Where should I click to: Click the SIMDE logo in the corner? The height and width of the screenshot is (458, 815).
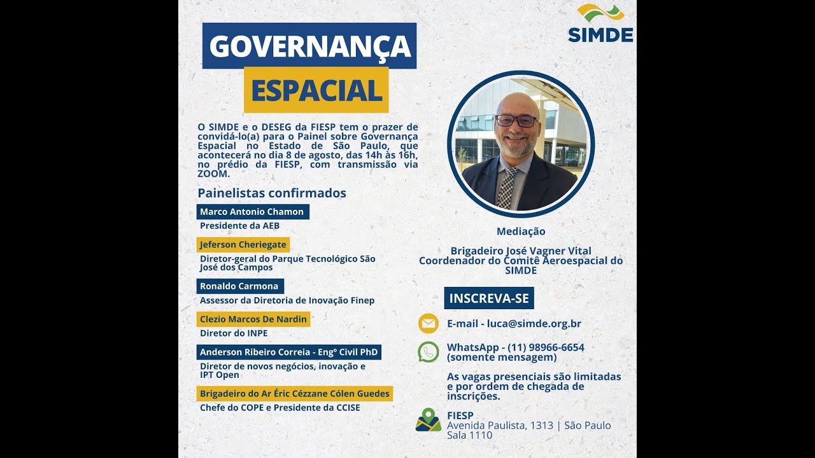(600, 24)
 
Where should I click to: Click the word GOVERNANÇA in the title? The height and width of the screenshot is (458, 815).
(309, 46)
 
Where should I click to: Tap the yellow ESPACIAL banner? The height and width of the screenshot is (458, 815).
(316, 90)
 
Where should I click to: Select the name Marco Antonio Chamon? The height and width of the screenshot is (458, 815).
(252, 212)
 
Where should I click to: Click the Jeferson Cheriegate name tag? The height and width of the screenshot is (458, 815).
(243, 244)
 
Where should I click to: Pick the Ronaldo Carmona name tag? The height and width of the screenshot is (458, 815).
(239, 286)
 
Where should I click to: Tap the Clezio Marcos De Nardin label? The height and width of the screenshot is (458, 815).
(253, 319)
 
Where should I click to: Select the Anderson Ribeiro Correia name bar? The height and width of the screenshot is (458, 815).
(288, 352)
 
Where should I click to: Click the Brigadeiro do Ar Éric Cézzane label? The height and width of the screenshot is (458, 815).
(294, 394)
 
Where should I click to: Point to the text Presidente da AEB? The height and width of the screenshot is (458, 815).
(239, 226)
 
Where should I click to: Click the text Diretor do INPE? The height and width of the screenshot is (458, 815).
(234, 333)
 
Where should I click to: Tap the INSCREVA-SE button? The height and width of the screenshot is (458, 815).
(489, 298)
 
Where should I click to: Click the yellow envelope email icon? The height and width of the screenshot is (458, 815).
(429, 323)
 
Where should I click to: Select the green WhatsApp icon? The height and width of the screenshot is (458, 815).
(429, 352)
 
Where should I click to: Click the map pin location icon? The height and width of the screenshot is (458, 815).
(429, 420)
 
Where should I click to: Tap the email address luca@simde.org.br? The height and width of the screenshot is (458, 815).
(534, 323)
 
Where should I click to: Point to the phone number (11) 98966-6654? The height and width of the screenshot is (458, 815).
(546, 347)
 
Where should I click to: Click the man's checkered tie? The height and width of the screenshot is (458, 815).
(506, 188)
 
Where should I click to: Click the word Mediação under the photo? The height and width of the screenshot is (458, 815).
(521, 232)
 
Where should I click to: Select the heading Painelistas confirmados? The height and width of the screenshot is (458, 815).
(272, 193)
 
